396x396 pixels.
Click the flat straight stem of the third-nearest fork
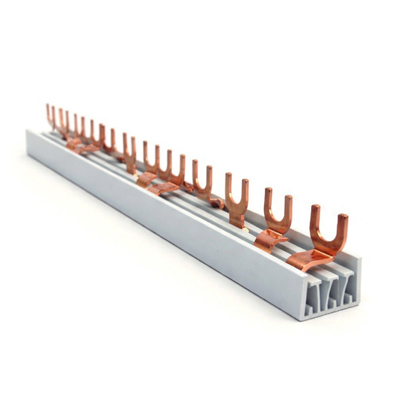237,220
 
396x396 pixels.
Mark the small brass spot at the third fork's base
246,229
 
